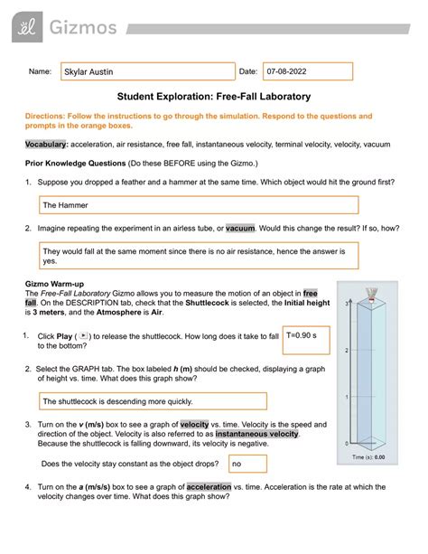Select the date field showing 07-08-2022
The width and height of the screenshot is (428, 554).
(293, 71)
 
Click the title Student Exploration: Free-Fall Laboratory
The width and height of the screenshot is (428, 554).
(213, 97)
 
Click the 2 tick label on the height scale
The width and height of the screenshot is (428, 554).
(347, 352)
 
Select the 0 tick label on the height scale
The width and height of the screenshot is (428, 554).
(347, 444)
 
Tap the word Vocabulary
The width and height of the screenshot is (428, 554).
(46, 145)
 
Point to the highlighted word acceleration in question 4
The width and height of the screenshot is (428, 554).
(204, 488)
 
